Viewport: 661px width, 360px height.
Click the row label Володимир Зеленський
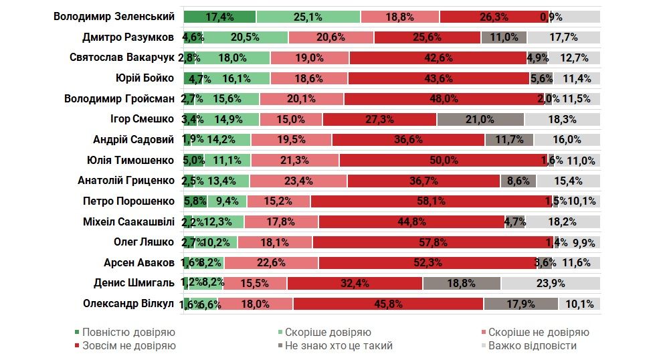[x=114, y=17]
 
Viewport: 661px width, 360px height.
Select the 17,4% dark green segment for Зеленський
[x=219, y=17]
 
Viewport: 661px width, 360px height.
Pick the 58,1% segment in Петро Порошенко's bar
[x=432, y=201]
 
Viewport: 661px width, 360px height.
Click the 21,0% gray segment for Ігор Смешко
[x=480, y=120]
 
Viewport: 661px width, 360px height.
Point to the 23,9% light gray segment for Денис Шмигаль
[x=560, y=283]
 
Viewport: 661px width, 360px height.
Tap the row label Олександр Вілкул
[x=128, y=304]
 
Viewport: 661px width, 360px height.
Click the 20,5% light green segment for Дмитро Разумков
[x=246, y=37]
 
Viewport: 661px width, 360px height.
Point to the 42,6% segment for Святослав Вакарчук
[x=438, y=58]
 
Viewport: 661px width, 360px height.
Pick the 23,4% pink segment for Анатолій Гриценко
[x=298, y=181]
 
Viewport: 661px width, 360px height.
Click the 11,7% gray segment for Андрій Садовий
[x=509, y=140]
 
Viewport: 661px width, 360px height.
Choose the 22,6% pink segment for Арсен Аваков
[x=271, y=262]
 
